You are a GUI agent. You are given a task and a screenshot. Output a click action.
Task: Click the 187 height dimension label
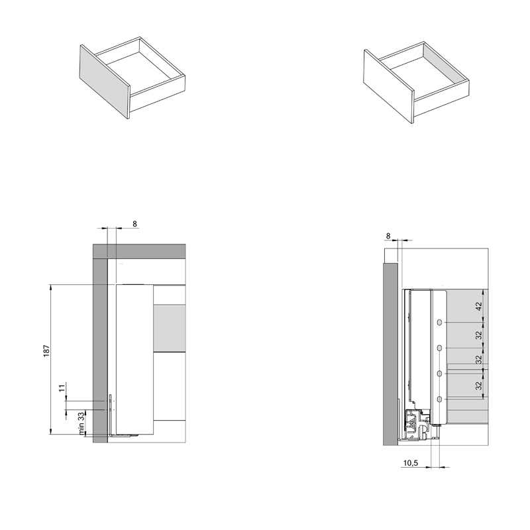point(46,350)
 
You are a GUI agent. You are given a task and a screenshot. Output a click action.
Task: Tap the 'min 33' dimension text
point(81,423)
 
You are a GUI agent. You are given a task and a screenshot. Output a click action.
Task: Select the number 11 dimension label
point(62,388)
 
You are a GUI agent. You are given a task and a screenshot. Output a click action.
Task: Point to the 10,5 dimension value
point(410,462)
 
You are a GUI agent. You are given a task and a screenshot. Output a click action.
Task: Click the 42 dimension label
point(478,306)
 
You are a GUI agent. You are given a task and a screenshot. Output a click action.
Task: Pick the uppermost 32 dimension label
point(478,335)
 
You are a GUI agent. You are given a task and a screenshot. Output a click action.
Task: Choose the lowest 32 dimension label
point(478,386)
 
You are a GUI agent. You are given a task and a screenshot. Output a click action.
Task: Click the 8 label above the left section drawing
point(134,224)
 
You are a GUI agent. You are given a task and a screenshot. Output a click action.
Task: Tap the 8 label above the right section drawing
point(388,236)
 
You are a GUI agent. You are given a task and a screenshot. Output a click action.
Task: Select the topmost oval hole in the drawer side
point(439,323)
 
